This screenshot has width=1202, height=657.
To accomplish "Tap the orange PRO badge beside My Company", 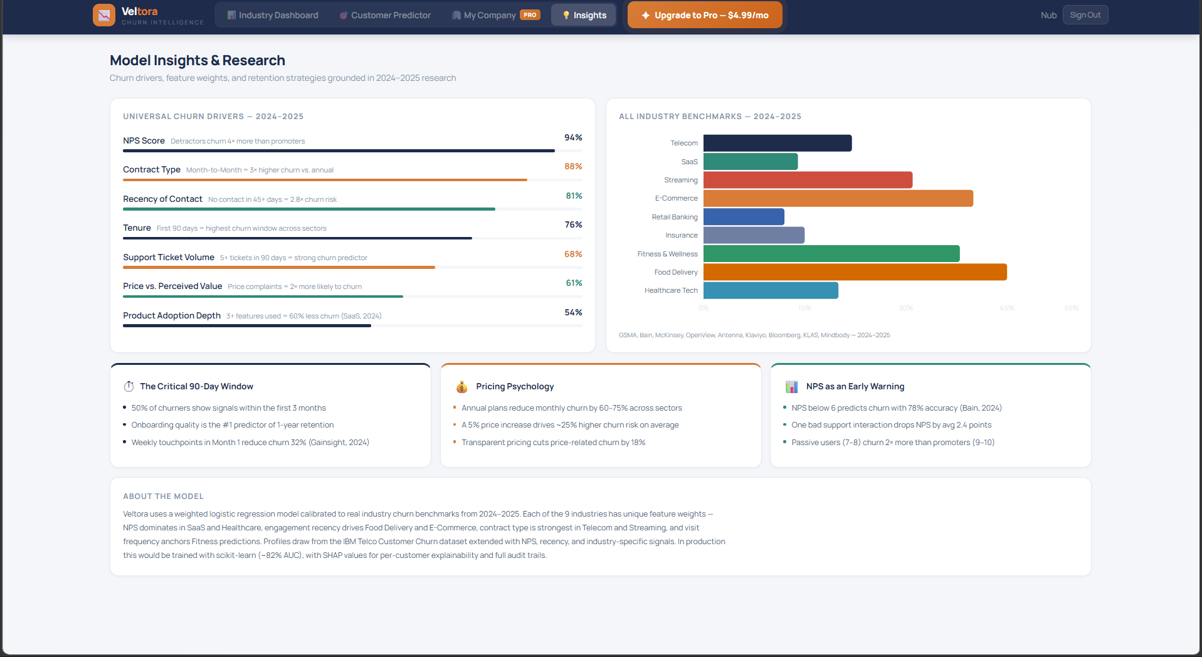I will click(530, 15).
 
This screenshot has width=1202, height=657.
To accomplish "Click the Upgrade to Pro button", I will click(705, 15).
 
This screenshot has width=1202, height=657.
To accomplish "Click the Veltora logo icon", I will click(104, 15).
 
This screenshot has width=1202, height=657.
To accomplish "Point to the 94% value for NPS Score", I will click(573, 137).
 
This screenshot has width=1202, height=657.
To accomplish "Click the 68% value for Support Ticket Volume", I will click(573, 254).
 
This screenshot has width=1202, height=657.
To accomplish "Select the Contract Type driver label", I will click(152, 169).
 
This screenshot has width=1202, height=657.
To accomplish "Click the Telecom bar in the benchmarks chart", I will click(777, 143).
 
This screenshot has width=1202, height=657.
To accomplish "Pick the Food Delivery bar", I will click(854, 272).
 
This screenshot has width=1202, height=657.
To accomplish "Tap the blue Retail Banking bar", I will click(744, 217).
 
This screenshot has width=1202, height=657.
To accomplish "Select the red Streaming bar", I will click(807, 180).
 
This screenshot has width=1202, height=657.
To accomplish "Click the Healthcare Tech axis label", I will click(670, 290).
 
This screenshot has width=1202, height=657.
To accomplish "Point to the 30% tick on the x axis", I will click(905, 308).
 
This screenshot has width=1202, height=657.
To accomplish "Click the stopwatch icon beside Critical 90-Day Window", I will click(129, 387).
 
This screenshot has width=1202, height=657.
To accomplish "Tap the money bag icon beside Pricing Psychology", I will click(462, 387).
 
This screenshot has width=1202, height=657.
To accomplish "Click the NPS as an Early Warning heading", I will click(855, 386).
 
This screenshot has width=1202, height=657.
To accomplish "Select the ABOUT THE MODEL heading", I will click(163, 496).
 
